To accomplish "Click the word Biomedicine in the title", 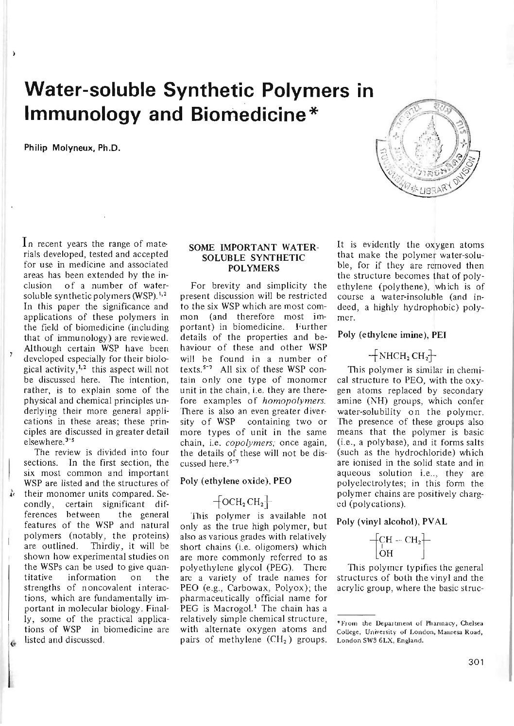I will point(248,113).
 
